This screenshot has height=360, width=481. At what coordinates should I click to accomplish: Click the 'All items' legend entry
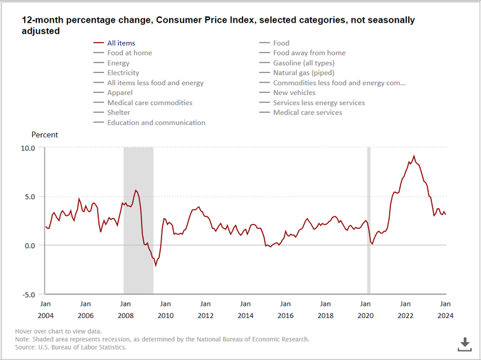121,43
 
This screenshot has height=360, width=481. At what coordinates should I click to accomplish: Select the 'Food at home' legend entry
129,53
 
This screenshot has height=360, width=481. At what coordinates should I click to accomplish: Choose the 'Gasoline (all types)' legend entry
304,63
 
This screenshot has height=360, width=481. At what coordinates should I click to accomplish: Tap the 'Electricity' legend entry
123,73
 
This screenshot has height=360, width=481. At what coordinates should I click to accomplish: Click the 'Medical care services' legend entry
307,113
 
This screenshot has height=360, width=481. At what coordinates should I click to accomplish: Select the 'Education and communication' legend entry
155,122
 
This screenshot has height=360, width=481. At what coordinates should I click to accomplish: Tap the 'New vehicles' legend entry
294,93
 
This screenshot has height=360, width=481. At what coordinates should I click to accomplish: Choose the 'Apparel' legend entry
120,93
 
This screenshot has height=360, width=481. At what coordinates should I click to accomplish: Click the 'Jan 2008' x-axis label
124,310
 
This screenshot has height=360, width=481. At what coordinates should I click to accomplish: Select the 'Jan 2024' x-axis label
445,310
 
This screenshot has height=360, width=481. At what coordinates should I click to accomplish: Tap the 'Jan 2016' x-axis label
285,310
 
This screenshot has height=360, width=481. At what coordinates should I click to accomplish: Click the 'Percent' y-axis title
45,135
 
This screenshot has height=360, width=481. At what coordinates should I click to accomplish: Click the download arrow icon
465,343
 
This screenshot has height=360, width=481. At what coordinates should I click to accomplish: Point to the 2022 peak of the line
413,156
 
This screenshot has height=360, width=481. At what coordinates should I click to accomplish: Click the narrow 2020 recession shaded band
368,220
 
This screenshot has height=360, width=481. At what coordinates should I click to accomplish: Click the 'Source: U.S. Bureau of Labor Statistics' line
71,347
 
